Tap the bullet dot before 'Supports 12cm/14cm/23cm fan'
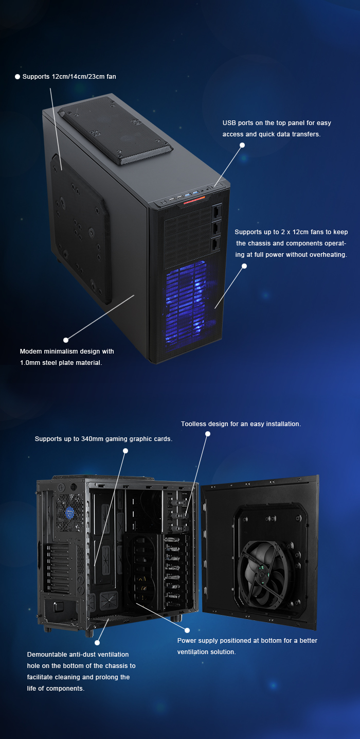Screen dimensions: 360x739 (17, 77)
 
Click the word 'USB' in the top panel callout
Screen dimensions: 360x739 (229, 122)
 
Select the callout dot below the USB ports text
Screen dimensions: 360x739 (242, 145)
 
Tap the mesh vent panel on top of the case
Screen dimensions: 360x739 (115, 130)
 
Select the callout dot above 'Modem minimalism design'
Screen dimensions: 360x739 (66, 340)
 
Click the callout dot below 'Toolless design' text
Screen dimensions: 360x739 (208, 434)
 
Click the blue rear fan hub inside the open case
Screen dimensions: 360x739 (69, 513)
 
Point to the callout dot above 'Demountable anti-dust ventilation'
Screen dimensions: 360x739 (97, 643)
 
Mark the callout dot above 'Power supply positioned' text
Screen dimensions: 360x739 (187, 630)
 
